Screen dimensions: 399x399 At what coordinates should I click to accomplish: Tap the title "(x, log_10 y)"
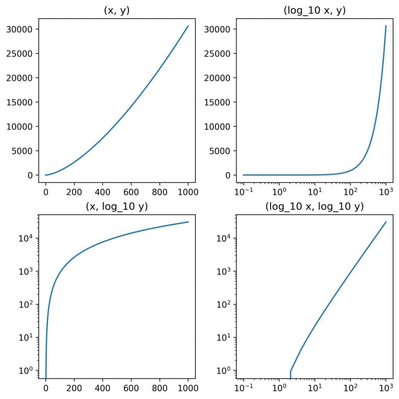117,207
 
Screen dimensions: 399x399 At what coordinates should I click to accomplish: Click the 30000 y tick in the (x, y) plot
22,29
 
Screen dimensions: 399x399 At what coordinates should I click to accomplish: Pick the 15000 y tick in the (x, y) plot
22,102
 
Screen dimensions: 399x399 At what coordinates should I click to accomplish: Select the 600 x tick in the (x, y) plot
131,192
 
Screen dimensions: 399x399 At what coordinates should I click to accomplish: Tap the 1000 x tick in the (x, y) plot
188,192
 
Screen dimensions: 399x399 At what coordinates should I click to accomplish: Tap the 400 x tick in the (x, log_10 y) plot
102,388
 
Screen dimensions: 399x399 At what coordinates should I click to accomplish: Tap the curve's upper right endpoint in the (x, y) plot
188,26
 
